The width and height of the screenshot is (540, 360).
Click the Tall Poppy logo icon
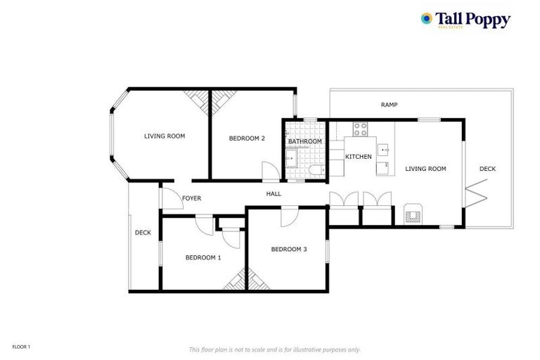(427, 19)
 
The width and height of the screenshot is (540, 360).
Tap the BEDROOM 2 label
(247, 139)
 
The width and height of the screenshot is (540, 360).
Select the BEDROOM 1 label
(203, 257)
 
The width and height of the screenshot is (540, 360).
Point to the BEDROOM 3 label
(289, 249)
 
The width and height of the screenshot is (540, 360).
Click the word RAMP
(389, 105)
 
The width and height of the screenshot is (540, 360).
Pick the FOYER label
(191, 198)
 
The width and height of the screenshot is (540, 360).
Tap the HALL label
(274, 193)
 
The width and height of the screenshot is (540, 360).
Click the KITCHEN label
(358, 156)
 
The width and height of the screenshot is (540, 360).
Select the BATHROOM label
(304, 141)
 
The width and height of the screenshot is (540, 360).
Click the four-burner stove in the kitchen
(360, 129)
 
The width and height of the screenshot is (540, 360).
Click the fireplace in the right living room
(412, 214)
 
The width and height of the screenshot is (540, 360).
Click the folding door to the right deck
(476, 190)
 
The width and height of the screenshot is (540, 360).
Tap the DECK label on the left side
(143, 233)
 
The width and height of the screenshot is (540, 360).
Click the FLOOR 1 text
(22, 347)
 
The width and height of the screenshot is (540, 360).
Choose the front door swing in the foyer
(169, 198)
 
